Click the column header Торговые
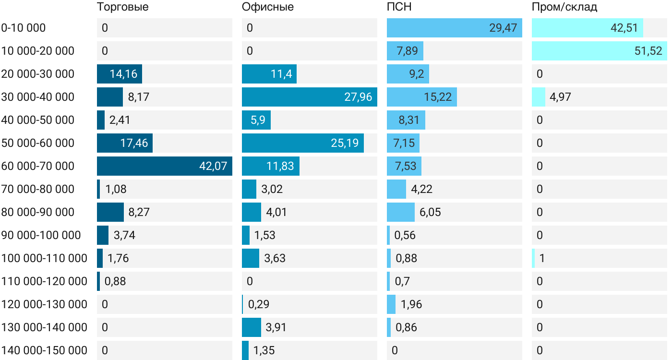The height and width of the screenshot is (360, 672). pos(122,7)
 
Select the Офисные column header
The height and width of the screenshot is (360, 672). pos(267,7)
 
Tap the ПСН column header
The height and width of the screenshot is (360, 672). pos(399,7)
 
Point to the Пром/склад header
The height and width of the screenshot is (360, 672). pos(564,7)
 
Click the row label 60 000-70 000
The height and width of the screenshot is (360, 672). pos(38,166)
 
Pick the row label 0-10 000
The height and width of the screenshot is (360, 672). pos(24,28)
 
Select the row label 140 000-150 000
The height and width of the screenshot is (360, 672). pos(44,350)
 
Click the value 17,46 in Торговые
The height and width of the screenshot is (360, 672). pos(134,143)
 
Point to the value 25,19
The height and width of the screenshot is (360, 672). pos(345,143)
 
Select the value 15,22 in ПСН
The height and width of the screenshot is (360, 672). pos(438,97)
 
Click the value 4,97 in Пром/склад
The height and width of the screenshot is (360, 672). pos(560,97)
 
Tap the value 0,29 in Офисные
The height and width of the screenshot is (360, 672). pos(258,304)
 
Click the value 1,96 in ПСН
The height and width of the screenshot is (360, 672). pos(411,304)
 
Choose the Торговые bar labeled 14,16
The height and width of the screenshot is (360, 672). pos(120,74)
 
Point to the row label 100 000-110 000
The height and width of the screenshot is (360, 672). pos(44,258)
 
